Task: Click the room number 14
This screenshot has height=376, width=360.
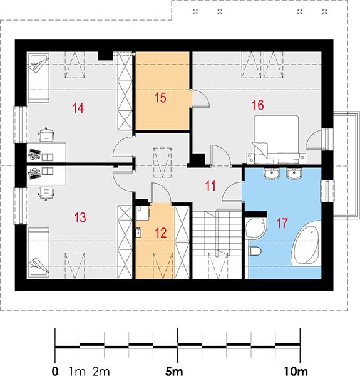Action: [x=78, y=108]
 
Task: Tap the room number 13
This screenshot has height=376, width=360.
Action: [x=80, y=217]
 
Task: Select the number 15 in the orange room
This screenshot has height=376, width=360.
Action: [x=160, y=98]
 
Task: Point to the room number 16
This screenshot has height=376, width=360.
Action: [x=258, y=105]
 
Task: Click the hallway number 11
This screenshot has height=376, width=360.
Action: [x=210, y=186]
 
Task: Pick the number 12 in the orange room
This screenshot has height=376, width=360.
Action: [x=160, y=233]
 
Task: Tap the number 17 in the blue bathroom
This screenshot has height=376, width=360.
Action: [x=282, y=223]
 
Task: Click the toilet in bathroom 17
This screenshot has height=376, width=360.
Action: [x=255, y=251]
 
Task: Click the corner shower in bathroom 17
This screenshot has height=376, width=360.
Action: [x=256, y=228]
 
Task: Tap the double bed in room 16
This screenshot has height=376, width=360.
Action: [x=276, y=138]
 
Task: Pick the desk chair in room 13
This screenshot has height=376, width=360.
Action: [x=46, y=192]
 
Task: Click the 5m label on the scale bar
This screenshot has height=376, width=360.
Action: [x=174, y=371]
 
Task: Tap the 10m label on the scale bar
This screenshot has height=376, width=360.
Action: [x=295, y=371]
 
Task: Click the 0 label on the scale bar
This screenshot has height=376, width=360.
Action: [x=55, y=371]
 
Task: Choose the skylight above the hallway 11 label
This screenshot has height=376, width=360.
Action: [x=163, y=162]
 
